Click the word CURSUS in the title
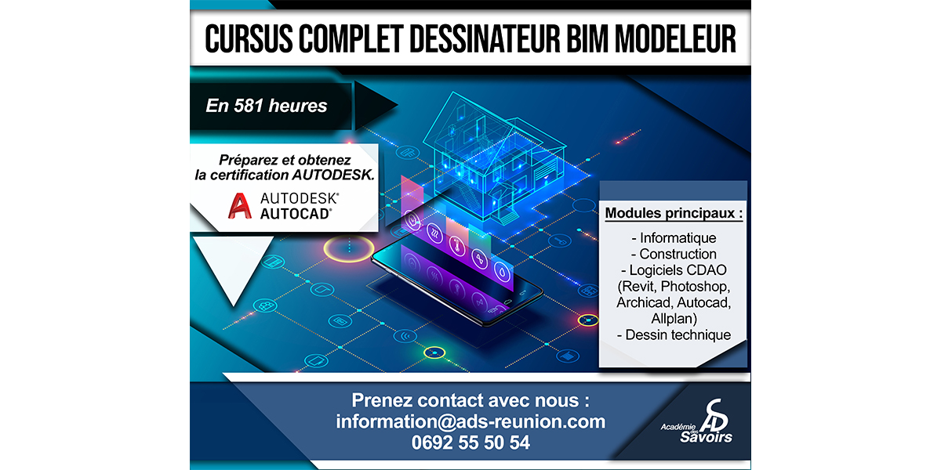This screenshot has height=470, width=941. coord(249,38)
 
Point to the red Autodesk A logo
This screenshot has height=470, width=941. coord(239,205)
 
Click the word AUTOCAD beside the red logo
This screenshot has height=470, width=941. coord(296,214)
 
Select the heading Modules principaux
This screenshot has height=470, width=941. coord(674,213)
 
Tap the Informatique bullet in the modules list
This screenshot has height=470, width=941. coord(674,238)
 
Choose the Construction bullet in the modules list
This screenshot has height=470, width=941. coord(674,254)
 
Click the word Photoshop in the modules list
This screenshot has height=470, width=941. coord(696,286)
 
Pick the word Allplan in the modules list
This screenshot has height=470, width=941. coord(674,319)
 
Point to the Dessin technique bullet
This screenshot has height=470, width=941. coord(674,335)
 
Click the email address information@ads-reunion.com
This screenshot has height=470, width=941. coord(470,421)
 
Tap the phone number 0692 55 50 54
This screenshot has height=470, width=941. coord(470,443)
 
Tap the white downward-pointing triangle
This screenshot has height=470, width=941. coord(233,265)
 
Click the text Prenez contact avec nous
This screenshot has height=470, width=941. coord(470,400)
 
